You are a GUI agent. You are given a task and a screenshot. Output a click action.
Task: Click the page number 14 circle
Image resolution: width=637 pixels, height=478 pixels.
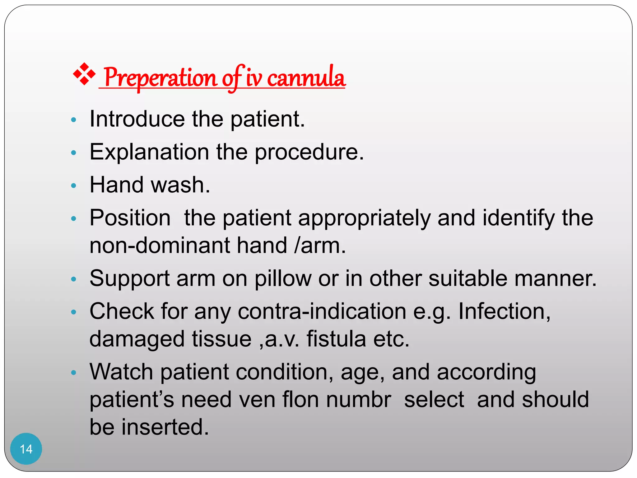coord(26,448)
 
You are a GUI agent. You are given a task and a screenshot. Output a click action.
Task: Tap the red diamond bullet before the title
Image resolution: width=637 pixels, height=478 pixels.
coord(84,74)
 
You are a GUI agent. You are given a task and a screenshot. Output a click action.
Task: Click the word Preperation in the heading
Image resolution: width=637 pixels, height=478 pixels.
coord(160,77)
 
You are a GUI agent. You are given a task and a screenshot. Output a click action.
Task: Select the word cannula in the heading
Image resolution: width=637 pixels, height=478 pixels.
coord(306,77)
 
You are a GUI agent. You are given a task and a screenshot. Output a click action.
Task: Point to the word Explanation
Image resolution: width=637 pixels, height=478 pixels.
coord(149,152)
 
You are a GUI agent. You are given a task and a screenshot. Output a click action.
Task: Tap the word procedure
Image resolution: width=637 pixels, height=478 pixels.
coord(309,152)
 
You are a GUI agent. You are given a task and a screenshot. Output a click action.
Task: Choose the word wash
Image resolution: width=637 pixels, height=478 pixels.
coord(180,185)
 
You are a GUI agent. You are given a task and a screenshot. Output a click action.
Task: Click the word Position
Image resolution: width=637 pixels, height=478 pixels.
coord(130,218)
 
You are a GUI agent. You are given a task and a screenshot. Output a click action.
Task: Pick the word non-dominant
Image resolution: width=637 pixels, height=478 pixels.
coord(160,246)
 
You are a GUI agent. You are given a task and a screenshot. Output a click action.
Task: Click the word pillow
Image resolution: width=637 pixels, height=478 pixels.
coord(283,278)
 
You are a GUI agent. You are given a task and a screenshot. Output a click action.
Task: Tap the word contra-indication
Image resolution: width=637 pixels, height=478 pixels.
coord(322,311)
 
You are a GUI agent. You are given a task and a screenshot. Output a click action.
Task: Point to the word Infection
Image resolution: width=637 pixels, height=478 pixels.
coord(504,311)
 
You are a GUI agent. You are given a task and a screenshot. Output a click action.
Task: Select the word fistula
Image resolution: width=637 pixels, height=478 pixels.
coord(336,339)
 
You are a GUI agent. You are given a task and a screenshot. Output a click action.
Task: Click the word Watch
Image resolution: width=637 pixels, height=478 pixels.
coord(121,372)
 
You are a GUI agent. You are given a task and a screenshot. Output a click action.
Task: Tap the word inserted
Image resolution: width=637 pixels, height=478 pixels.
coord(165,427)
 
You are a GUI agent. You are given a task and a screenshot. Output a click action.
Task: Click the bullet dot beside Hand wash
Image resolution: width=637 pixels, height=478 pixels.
coord(74,186)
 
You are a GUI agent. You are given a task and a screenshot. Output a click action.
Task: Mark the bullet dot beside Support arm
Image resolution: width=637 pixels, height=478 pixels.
coord(74,279)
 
